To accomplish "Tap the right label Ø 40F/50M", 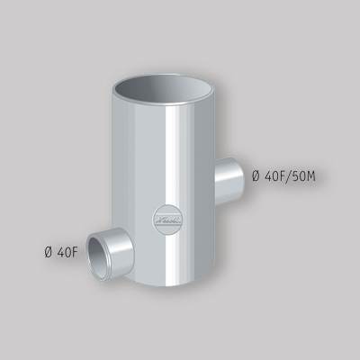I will point(283,175).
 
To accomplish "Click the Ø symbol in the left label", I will point(49,251).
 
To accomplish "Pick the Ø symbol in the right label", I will point(256,175).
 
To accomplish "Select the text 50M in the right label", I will point(303,175).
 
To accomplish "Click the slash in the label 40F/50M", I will point(290,175).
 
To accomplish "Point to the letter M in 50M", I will point(310,175).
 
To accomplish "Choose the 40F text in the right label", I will point(275,175).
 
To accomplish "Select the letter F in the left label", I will point(76,251).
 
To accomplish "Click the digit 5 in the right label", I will point(296,175).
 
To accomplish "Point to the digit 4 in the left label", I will point(60,251).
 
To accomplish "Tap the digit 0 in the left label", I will point(68,251).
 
